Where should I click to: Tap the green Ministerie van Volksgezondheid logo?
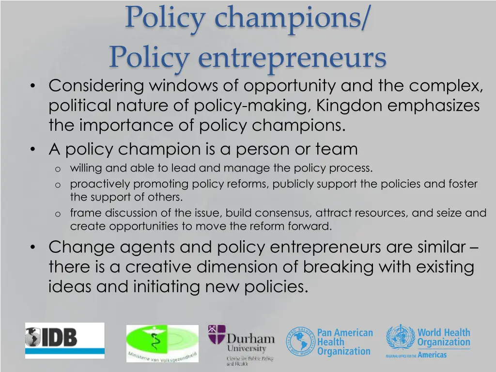coord(162,343)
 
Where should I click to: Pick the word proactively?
coord(100,184)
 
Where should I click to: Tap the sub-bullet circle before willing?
coord(57,169)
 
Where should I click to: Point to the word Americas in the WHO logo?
coord(432,355)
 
